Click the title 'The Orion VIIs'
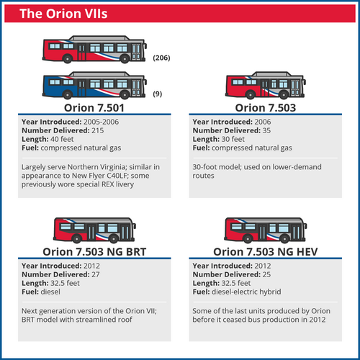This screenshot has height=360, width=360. tap(63, 14)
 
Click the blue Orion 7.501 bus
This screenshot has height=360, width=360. tap(94, 85)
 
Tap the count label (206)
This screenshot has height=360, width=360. tap(161, 58)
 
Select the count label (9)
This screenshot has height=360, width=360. tap(158, 94)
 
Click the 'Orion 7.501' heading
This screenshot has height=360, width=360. tap(94, 108)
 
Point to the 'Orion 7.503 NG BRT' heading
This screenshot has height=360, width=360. tap(94, 252)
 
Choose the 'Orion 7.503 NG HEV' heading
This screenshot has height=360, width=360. tap(266, 252)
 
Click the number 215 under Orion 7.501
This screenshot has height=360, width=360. tap(98, 130)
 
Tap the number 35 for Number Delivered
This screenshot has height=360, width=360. tap(266, 130)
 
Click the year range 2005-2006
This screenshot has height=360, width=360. tap(101, 122)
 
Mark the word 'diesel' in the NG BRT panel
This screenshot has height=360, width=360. tap(50, 292)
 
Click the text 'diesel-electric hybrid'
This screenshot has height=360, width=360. tap(246, 292)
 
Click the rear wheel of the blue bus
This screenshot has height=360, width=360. tap(68, 94)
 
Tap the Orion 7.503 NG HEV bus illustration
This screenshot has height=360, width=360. tap(266, 230)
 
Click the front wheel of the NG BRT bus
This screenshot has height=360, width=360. tap(114, 239)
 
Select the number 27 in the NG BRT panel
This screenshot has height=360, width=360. tap(96, 274)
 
